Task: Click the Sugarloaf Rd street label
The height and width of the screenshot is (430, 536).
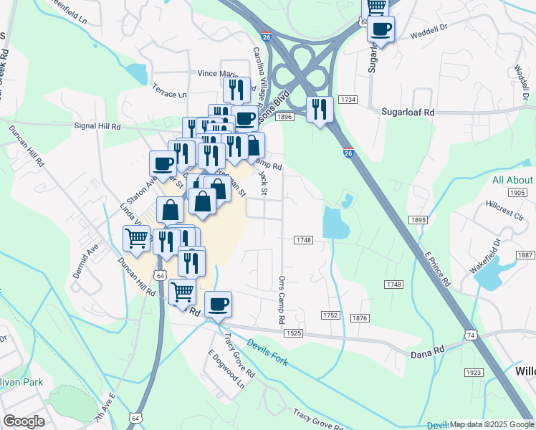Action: pyautogui.click(x=408, y=113)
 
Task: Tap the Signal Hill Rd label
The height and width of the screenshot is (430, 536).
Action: pyautogui.click(x=97, y=125)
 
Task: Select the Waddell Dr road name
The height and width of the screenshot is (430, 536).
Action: pyautogui.click(x=429, y=34)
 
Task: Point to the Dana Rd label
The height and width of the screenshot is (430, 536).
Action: pyautogui.click(x=428, y=352)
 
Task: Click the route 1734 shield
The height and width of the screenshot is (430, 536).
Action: pyautogui.click(x=348, y=99)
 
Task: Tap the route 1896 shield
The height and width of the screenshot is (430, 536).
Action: pyautogui.click(x=284, y=117)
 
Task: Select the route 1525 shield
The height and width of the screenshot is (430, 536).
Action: pyautogui.click(x=293, y=333)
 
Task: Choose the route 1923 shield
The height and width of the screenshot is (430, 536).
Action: pyautogui.click(x=473, y=373)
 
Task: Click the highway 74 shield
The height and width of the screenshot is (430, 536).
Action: pyautogui.click(x=470, y=335)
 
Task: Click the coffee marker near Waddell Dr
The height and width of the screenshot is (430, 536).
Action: pyautogui.click(x=381, y=29)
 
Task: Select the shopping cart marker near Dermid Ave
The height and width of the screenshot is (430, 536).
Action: pyautogui.click(x=135, y=238)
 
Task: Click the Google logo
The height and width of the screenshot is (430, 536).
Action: pyautogui.click(x=24, y=421)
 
